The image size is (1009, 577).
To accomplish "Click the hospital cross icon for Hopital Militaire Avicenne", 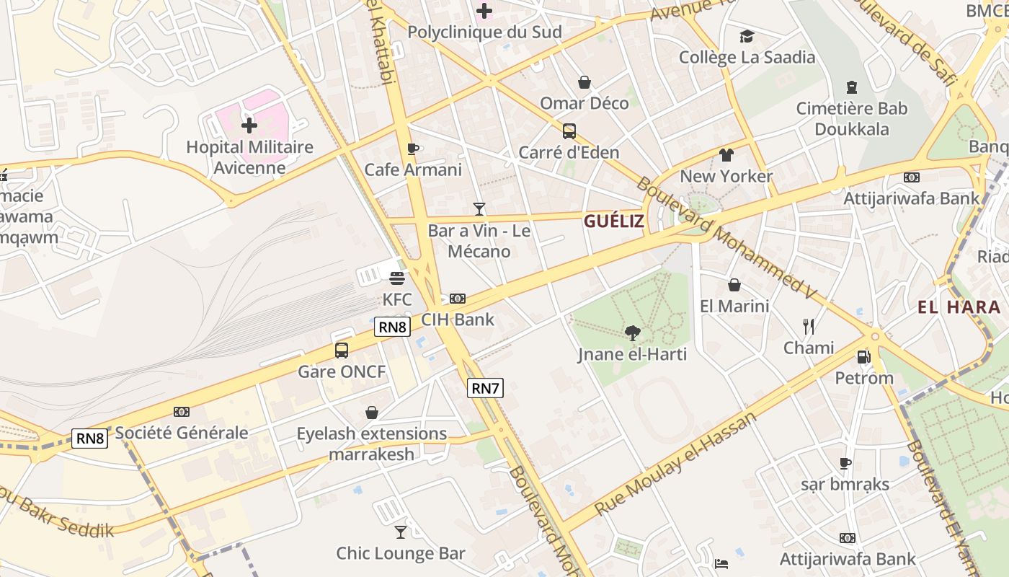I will [249, 126].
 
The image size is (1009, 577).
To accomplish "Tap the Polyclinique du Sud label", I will [484, 32].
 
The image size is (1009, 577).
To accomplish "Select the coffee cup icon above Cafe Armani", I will [412, 149].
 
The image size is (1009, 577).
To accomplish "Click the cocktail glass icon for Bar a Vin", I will [479, 209].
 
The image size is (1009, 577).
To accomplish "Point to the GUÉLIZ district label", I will [614, 221].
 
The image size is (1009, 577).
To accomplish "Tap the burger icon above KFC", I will [396, 278].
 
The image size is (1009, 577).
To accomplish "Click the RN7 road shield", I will [485, 388].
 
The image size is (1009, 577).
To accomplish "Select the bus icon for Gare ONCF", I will [342, 351].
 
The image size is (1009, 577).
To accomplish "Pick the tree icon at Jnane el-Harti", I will [632, 332].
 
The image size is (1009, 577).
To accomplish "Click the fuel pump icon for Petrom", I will [863, 356].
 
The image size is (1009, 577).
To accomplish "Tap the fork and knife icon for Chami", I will [809, 327].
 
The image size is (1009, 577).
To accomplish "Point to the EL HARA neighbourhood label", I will [959, 307].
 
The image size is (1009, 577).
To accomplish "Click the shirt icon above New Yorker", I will [726, 155].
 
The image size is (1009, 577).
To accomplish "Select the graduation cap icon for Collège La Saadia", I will [747, 36].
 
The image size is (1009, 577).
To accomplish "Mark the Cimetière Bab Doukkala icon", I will [852, 87].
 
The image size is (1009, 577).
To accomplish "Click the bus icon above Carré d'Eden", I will [569, 131].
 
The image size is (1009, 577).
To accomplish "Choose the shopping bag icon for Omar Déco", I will [584, 82].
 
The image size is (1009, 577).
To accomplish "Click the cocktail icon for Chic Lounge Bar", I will [401, 532].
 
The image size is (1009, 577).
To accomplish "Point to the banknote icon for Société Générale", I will [182, 412].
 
